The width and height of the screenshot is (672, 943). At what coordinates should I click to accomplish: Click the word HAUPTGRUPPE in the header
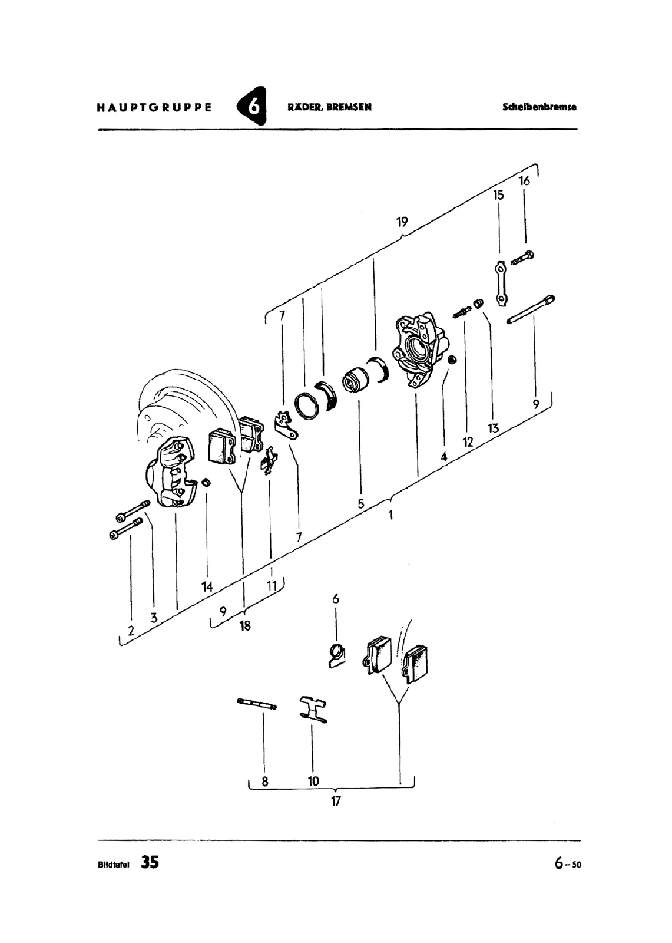click(x=154, y=107)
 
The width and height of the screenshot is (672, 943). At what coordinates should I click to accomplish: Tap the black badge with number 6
click(x=253, y=106)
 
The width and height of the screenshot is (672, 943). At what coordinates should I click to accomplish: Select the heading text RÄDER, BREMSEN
click(x=329, y=107)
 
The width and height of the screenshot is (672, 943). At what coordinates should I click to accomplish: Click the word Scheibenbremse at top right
click(x=539, y=107)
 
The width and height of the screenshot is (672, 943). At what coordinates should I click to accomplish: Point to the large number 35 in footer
click(x=150, y=862)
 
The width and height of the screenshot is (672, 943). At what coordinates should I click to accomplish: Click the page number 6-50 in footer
click(x=568, y=863)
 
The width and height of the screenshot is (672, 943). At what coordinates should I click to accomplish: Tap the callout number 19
click(x=402, y=222)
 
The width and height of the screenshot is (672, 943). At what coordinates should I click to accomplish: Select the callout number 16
click(x=524, y=180)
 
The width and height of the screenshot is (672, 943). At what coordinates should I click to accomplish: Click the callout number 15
click(x=498, y=195)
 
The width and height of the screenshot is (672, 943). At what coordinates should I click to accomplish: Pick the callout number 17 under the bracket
click(x=335, y=801)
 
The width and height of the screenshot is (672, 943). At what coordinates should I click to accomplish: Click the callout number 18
click(x=245, y=625)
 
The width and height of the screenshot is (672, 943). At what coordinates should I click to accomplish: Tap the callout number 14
click(x=207, y=586)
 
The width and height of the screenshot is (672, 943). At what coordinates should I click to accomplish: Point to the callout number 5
click(x=360, y=503)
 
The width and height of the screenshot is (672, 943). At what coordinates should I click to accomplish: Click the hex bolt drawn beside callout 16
click(x=522, y=257)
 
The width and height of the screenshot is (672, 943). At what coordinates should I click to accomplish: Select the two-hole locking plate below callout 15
click(x=501, y=283)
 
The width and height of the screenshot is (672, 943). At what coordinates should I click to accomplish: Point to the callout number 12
click(x=468, y=442)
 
